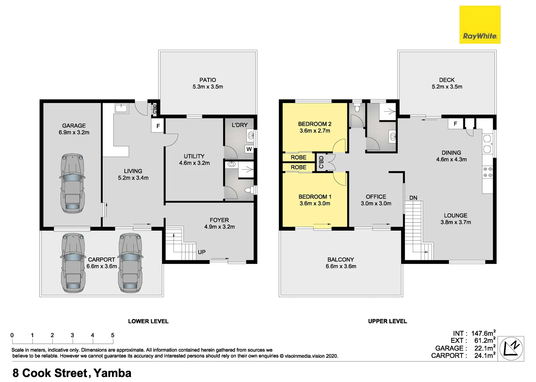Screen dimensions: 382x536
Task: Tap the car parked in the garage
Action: [x=73, y=183]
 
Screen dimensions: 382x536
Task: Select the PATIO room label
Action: [x=207, y=80]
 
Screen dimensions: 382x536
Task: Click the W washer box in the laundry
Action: [x=249, y=149]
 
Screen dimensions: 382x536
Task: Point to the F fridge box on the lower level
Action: [x=158, y=126]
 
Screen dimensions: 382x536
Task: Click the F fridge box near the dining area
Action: [x=455, y=124]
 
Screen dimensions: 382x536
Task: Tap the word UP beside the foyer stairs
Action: [x=201, y=252]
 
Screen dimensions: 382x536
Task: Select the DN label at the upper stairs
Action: [x=413, y=198]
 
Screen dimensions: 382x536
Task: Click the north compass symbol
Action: [x=511, y=348]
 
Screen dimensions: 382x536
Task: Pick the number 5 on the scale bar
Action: [x=113, y=335]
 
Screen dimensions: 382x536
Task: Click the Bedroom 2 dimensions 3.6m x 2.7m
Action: [x=315, y=131]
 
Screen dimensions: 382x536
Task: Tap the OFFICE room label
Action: [x=376, y=197]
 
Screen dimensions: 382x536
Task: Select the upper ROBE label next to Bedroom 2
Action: [x=298, y=157]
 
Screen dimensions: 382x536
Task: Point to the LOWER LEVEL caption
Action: [x=148, y=321]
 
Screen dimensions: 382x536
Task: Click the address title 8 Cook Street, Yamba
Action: [x=72, y=373]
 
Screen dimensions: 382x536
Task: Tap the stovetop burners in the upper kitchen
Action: [x=487, y=172]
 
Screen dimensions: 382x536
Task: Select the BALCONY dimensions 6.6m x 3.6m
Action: [x=341, y=266]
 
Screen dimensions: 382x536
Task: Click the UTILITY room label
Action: [x=194, y=156]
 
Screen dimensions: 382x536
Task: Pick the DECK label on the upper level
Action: [x=446, y=80]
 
